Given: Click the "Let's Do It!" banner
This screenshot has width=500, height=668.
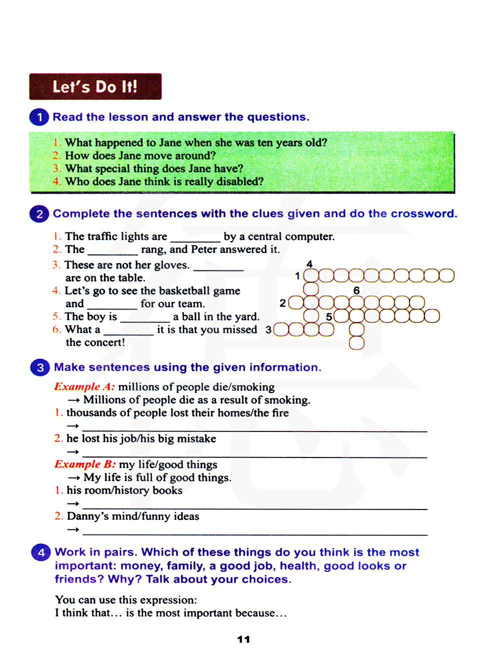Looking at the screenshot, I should pos(95,86).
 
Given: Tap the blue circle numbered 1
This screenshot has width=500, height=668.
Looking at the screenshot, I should pos(39,117).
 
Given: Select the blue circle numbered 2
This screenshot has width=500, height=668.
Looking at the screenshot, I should pos(39,214).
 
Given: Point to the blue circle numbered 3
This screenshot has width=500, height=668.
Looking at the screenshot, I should pos(40,367).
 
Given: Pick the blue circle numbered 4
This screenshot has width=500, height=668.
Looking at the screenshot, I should pos(41,552).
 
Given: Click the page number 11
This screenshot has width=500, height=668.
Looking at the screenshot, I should pos(243,639).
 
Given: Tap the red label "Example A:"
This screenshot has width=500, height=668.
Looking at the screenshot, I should pos(84,387).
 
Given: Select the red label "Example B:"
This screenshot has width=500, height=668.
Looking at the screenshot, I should pos(84,464).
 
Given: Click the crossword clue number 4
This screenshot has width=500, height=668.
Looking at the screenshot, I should pos(309,264).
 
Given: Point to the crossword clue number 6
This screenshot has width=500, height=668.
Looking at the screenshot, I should pos(356,290).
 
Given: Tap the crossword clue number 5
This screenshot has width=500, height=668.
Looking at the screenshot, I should pos(329,317).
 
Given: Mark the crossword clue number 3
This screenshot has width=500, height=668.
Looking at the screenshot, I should pos(268,330).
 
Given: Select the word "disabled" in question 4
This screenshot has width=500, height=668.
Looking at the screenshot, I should pos(237,181).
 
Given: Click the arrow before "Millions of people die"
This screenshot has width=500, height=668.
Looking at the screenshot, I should pos(74,400).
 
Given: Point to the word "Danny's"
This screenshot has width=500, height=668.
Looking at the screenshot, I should pos(87,516).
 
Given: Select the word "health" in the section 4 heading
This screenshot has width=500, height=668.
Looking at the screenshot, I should pos(298,566).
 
